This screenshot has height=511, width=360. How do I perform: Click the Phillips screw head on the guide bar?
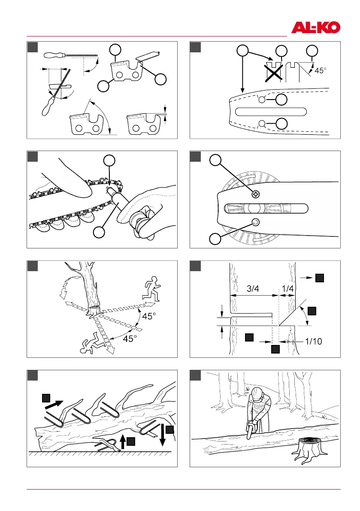256,194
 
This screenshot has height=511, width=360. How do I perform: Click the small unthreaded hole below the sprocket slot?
256,221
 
